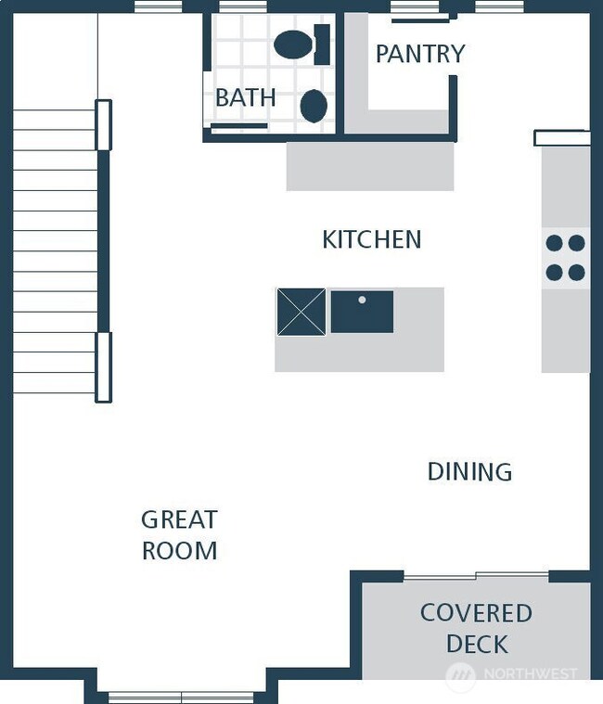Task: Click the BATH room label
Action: [x=245, y=97]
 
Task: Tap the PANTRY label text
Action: [x=419, y=54]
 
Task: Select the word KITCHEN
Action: [x=371, y=240]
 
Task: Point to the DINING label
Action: [x=469, y=472]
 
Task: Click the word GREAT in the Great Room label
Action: [x=179, y=519]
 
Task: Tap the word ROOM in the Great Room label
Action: [x=179, y=551]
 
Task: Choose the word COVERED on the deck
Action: [x=476, y=613]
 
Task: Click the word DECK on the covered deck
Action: [x=477, y=644]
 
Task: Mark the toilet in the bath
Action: [x=301, y=45]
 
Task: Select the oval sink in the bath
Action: [x=314, y=106]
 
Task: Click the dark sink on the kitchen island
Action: [x=362, y=312]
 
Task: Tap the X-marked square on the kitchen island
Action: [x=301, y=312]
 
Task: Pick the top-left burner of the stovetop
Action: [x=555, y=243]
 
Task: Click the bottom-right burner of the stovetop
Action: [x=577, y=273]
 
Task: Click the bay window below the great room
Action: [x=181, y=697]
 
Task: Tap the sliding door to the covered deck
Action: [x=476, y=577]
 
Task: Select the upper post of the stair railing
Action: [x=103, y=124]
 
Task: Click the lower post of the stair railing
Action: [x=103, y=367]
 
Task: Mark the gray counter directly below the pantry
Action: [x=369, y=166]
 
